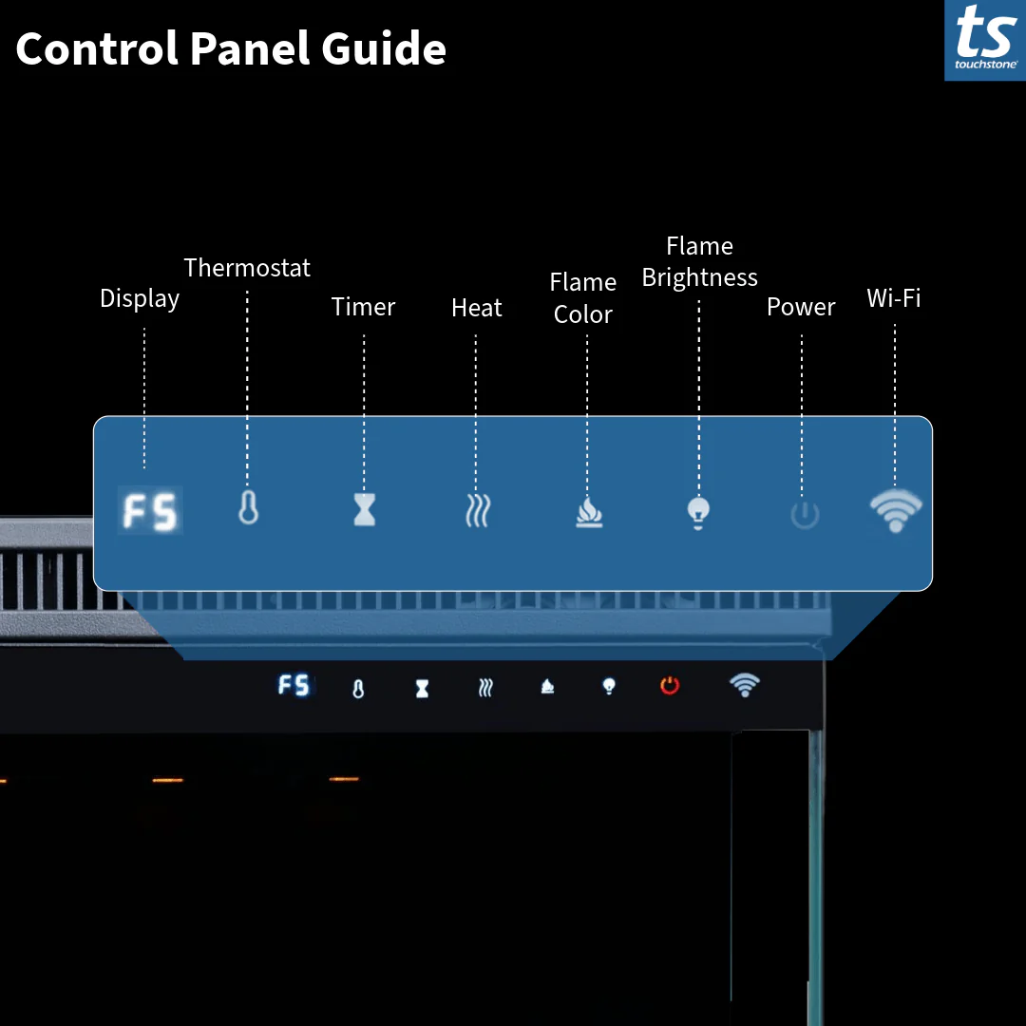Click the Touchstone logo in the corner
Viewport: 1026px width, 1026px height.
[x=985, y=40]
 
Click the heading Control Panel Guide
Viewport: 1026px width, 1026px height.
[x=231, y=49]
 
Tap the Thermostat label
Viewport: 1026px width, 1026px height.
[x=247, y=268]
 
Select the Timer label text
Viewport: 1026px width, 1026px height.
[x=363, y=307]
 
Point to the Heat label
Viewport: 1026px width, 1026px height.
[x=476, y=308]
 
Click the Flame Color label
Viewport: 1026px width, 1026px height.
[x=583, y=298]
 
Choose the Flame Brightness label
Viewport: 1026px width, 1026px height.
[x=700, y=262]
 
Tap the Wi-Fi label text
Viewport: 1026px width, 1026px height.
[x=894, y=298]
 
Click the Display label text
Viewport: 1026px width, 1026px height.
[x=140, y=298]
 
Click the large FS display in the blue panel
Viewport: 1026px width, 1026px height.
[x=150, y=512]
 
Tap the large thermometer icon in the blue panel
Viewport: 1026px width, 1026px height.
[x=248, y=508]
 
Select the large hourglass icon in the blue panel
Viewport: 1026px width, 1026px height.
[x=364, y=510]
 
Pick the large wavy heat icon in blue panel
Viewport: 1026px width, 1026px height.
[x=477, y=511]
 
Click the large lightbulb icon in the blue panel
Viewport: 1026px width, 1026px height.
[x=698, y=512]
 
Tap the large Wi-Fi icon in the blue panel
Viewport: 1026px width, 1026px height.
[x=895, y=511]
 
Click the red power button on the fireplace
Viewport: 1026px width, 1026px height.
[x=670, y=685]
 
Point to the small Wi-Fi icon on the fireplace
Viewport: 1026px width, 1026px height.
[x=744, y=684]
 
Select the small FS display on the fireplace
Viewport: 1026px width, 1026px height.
[x=294, y=685]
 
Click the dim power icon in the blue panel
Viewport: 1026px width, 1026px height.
[x=804, y=515]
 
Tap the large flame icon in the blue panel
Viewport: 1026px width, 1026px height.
[x=589, y=513]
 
